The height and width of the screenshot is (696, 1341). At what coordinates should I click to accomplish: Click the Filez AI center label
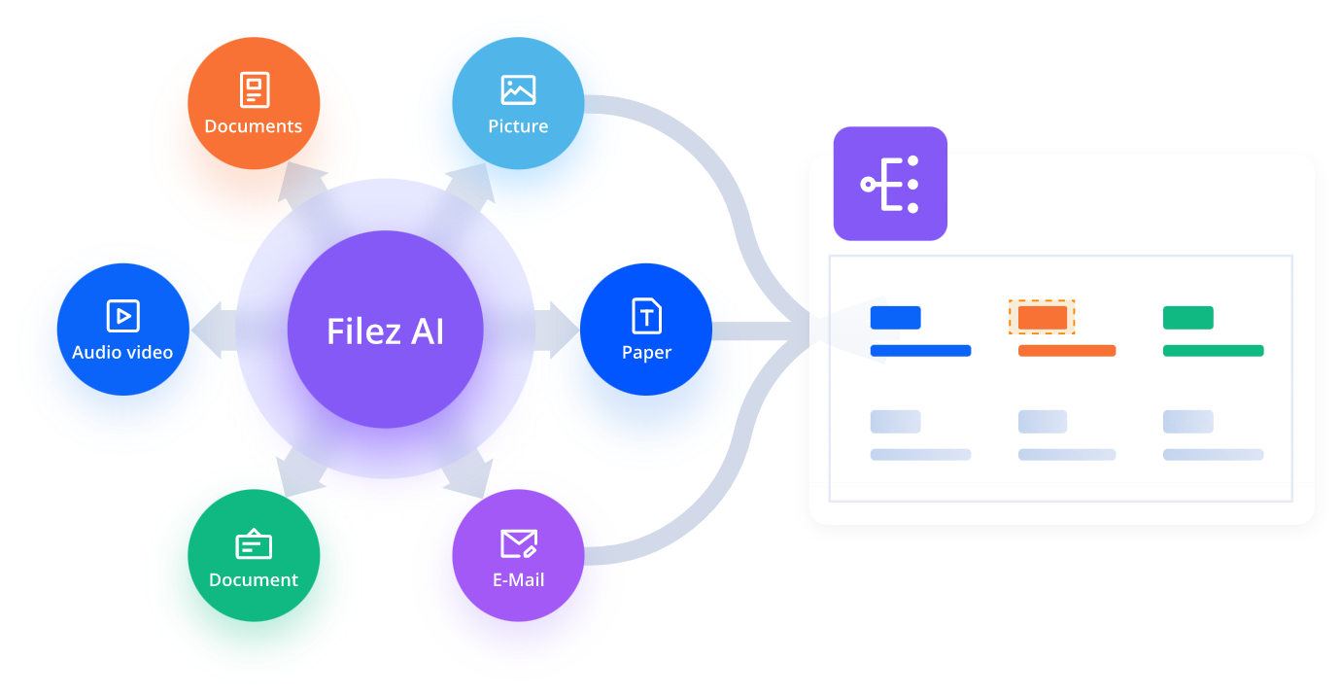pyautogui.click(x=386, y=331)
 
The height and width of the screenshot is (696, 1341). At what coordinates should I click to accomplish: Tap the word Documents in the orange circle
pyautogui.click(x=254, y=126)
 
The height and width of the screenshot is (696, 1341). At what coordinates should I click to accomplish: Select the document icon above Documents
pyautogui.click(x=254, y=90)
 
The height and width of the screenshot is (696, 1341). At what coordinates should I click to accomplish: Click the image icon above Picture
pyautogui.click(x=518, y=90)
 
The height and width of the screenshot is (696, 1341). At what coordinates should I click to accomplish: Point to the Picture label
pyautogui.click(x=518, y=126)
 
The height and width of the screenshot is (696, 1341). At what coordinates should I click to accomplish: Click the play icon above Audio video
pyautogui.click(x=122, y=316)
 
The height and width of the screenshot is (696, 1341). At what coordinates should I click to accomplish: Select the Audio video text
pyautogui.click(x=122, y=352)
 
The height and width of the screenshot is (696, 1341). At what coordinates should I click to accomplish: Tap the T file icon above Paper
pyautogui.click(x=646, y=316)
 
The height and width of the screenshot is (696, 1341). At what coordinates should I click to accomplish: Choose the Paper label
pyautogui.click(x=646, y=352)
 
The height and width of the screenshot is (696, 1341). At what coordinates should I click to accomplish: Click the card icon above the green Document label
pyautogui.click(x=254, y=544)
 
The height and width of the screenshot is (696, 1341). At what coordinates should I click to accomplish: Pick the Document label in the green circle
pyautogui.click(x=254, y=580)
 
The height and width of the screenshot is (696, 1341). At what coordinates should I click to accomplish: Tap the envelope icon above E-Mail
pyautogui.click(x=518, y=543)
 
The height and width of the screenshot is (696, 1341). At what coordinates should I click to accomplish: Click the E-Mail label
pyautogui.click(x=518, y=580)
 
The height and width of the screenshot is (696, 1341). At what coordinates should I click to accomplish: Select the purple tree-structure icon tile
pyautogui.click(x=890, y=184)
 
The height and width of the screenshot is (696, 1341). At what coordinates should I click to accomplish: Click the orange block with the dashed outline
pyautogui.click(x=1042, y=318)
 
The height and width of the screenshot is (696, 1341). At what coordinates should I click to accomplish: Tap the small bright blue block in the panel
pyautogui.click(x=895, y=318)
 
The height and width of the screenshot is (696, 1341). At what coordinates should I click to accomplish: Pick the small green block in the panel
pyautogui.click(x=1187, y=318)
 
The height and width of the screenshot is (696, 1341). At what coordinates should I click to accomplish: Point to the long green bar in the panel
pyautogui.click(x=1213, y=351)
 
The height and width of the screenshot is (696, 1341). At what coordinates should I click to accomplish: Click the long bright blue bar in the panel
pyautogui.click(x=920, y=351)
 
